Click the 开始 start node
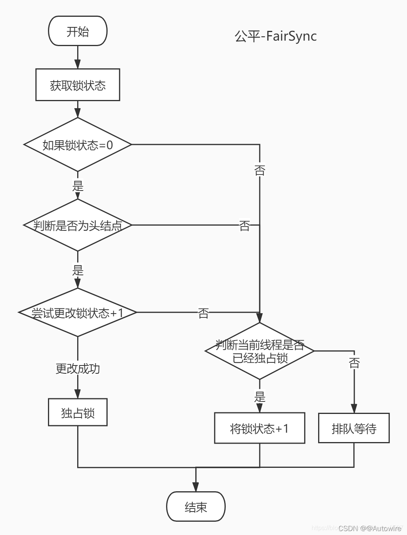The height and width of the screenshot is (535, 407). [x=78, y=31]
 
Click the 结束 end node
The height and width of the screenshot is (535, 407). [x=196, y=506]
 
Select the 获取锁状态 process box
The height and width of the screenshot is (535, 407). [x=78, y=85]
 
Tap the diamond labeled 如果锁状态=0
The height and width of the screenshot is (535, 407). [x=78, y=145]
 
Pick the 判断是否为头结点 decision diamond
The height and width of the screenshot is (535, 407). [x=78, y=225]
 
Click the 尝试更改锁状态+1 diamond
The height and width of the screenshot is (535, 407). [x=78, y=312]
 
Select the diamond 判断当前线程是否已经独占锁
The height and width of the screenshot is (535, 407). [x=260, y=351]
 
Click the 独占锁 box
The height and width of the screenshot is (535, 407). [x=78, y=412]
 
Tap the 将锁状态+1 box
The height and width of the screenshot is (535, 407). [x=260, y=428]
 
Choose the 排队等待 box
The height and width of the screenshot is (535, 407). [x=354, y=428]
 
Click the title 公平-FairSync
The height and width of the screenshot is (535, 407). [x=275, y=36]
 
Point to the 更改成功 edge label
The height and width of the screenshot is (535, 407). [x=78, y=368]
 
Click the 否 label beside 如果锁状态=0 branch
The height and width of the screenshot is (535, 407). [x=260, y=170]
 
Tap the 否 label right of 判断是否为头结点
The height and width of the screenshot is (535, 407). [x=244, y=225]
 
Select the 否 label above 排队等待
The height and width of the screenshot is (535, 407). [x=354, y=363]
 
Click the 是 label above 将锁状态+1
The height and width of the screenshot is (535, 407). [x=260, y=397]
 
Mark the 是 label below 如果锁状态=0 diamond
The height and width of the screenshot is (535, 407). [x=78, y=185]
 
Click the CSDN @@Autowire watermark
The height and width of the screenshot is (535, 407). [x=370, y=528]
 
